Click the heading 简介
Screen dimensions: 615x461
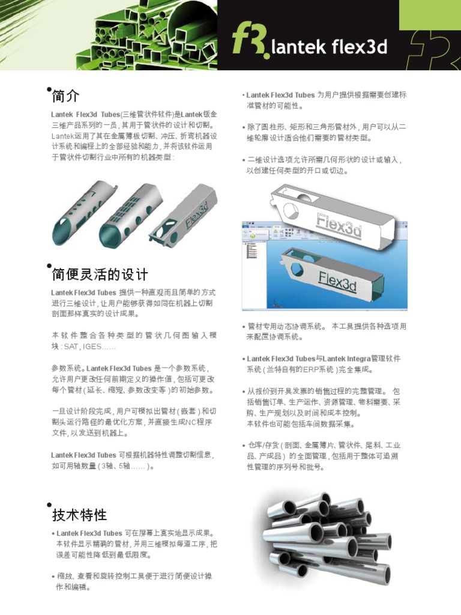[65, 96]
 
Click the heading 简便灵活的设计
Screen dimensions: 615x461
[100, 275]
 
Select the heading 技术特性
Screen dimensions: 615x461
[79, 515]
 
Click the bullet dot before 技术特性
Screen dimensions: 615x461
[49, 505]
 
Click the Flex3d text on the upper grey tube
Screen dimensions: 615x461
[339, 226]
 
